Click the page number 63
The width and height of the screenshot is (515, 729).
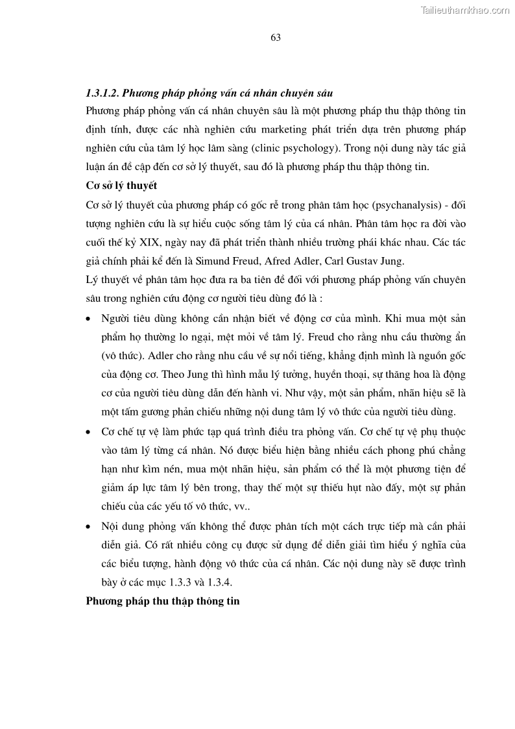tap(275, 38)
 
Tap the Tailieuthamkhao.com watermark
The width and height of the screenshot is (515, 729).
tap(465, 10)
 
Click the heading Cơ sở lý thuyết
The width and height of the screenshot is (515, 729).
tap(121, 186)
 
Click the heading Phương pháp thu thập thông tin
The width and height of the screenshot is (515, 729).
tap(163, 602)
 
